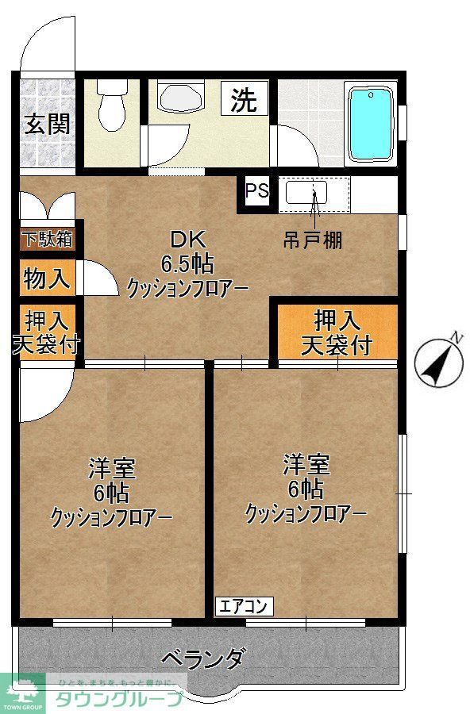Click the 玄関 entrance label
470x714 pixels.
47,124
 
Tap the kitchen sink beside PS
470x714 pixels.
315,194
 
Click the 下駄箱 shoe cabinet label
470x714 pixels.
47,238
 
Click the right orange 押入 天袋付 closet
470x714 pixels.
337,332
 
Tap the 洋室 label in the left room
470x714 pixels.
112,468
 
